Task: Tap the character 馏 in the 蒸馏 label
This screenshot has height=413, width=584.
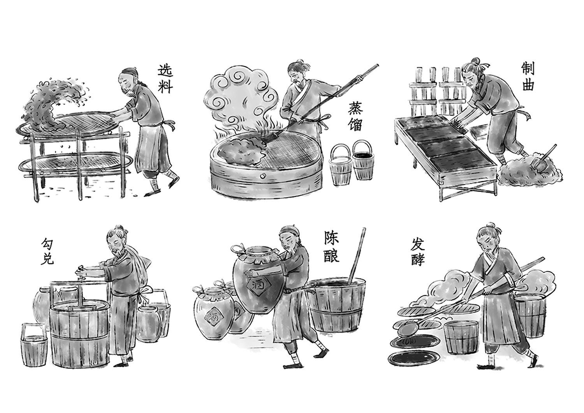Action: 355,124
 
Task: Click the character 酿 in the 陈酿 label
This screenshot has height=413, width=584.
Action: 331,255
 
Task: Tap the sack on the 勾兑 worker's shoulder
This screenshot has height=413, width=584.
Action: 141,262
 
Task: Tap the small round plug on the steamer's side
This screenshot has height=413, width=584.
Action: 262,176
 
